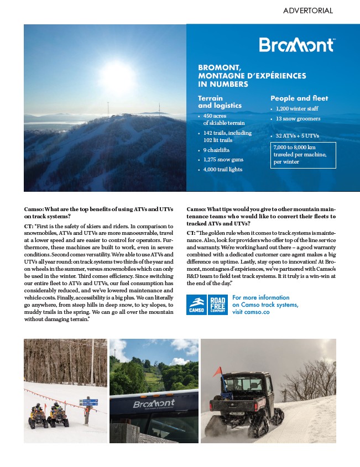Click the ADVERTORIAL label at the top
point(307,11)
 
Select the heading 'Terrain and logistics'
point(220,102)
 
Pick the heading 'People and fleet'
point(299,98)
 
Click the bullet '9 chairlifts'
point(216,150)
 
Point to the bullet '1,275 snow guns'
point(223,160)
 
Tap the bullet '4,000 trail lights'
point(223,170)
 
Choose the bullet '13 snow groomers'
point(298,119)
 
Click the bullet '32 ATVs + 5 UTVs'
point(297,135)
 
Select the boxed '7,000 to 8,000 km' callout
point(303,155)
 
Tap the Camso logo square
point(196,305)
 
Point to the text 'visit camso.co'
point(251,312)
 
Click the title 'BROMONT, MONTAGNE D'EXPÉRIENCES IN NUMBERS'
point(252,76)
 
